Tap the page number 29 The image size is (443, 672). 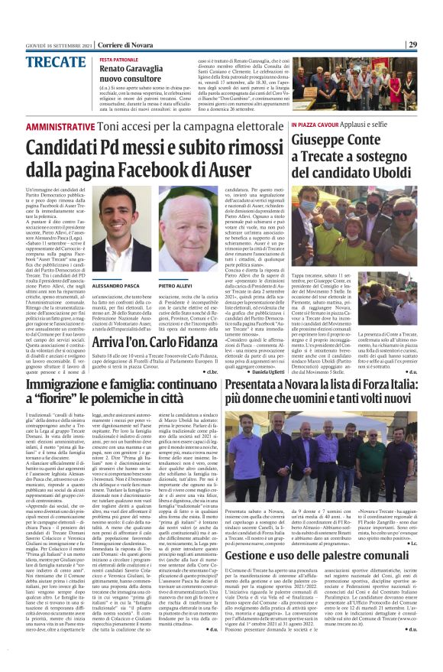coord(433,44)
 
